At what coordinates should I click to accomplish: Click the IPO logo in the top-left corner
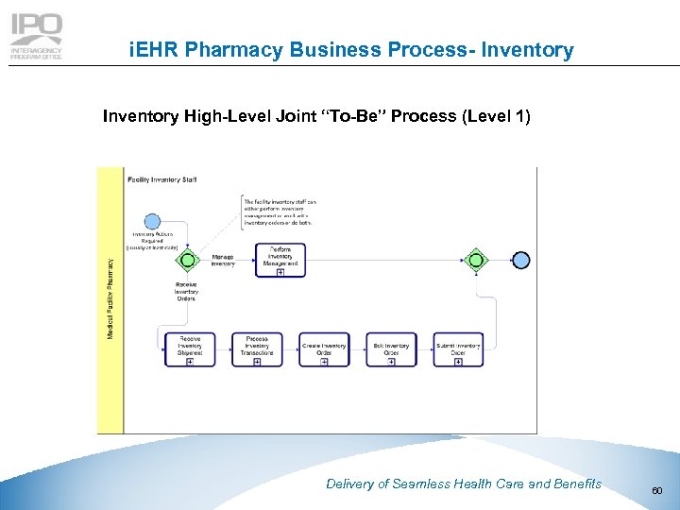36,37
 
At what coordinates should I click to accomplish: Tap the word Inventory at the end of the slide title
527,50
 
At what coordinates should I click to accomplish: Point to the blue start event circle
152,222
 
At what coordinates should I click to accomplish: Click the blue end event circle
520,260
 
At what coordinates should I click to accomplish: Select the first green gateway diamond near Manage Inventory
187,260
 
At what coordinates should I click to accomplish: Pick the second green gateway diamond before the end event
476,260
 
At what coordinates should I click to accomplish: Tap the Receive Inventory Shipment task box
190,349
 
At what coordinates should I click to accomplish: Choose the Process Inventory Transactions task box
257,349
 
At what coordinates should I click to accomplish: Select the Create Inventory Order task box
324,349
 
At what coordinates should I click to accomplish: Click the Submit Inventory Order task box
458,349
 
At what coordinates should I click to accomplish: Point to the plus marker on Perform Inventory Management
280,273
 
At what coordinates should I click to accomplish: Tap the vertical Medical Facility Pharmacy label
110,299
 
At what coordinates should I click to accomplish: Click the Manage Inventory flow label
223,260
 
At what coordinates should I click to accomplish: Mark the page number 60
657,490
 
